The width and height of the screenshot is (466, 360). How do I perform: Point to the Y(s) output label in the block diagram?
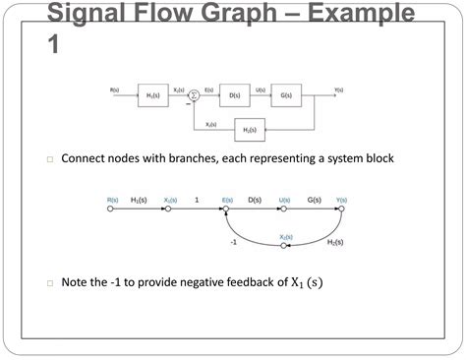pyautogui.click(x=338, y=90)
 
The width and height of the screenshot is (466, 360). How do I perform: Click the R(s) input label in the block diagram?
pyautogui.click(x=115, y=90)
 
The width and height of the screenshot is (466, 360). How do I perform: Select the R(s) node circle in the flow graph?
pyautogui.click(x=110, y=210)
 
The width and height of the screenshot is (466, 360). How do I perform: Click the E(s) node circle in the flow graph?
pyautogui.click(x=226, y=210)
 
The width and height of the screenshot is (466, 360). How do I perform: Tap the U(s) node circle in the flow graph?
pyautogui.click(x=285, y=210)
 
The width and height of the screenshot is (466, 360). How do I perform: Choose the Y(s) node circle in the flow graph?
pyautogui.click(x=341, y=210)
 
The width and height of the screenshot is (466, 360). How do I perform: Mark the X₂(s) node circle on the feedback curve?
pyautogui.click(x=285, y=246)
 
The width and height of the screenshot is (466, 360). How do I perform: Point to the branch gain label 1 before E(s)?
pyautogui.click(x=197, y=200)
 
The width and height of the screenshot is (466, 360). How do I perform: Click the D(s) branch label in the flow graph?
pyautogui.click(x=255, y=200)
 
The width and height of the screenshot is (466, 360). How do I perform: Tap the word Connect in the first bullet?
pyautogui.click(x=85, y=158)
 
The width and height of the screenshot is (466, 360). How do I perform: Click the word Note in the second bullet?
pyautogui.click(x=77, y=282)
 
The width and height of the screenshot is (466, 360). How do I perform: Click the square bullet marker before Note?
pyautogui.click(x=49, y=283)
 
